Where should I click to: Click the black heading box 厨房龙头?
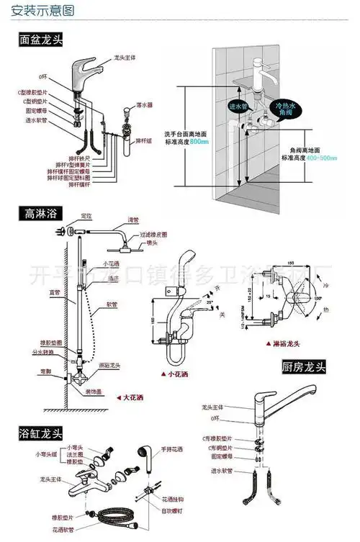303,368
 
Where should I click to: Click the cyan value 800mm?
199,142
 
